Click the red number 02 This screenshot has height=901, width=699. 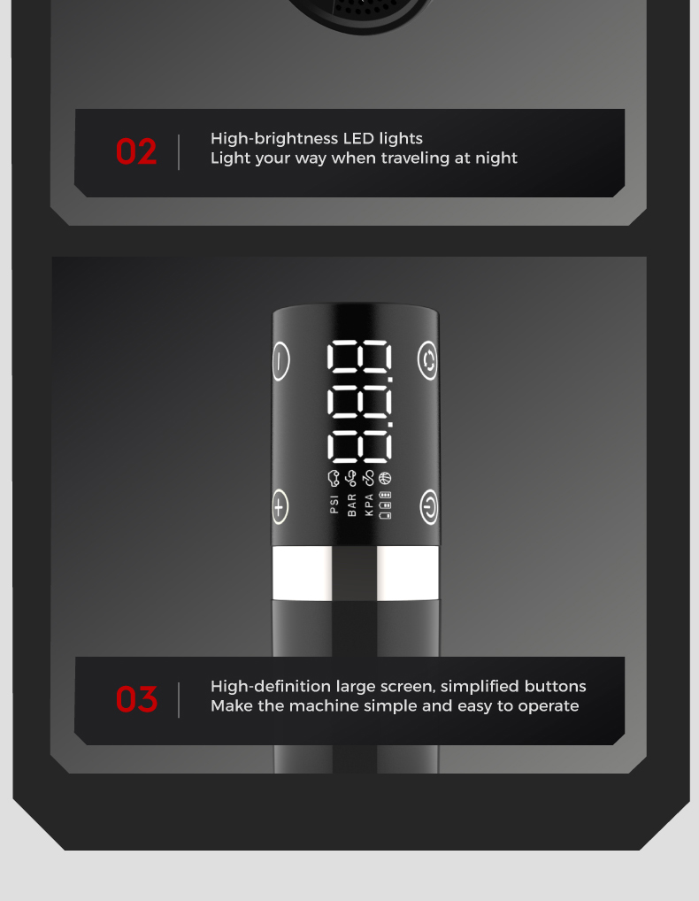point(136,151)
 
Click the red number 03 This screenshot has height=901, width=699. point(136,699)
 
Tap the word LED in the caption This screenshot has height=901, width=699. point(357,138)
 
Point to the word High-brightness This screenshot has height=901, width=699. point(274,138)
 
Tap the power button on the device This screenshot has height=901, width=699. point(428,507)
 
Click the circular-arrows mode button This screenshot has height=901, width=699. point(427,361)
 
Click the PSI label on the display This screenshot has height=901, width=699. point(334,504)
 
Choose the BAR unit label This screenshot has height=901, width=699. point(351,505)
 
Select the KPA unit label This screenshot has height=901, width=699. point(369,505)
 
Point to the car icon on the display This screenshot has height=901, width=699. point(333,478)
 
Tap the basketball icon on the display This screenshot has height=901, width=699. point(385,478)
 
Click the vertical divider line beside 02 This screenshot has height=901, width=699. point(179,152)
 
